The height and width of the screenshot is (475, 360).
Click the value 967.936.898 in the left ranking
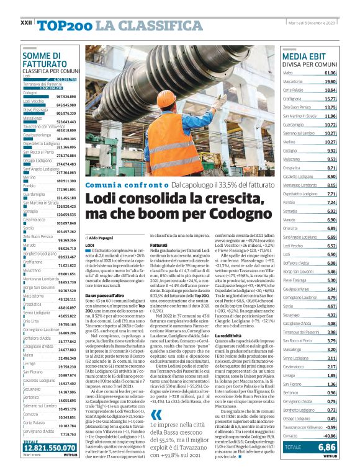click(70, 97)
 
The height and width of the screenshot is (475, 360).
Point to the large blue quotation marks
click(156, 415)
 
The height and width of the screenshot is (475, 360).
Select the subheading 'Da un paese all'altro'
click(106, 296)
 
